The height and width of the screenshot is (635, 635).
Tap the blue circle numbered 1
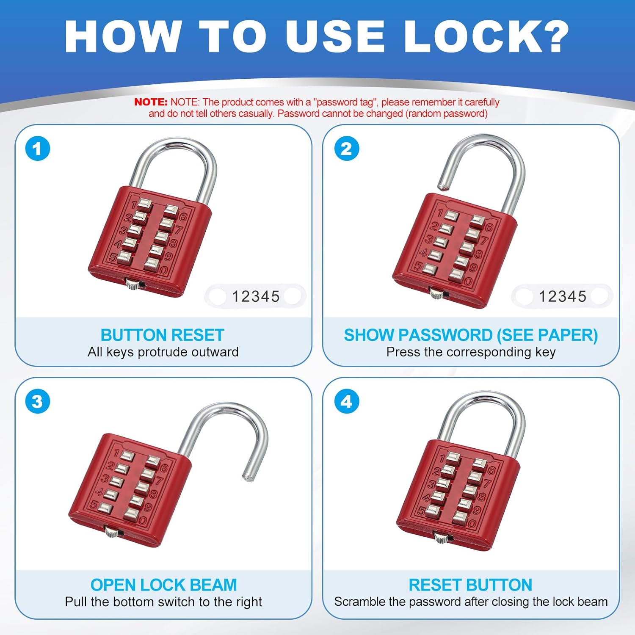[38, 149]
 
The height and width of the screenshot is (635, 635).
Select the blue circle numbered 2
[346, 149]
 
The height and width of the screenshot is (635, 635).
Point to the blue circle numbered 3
[38, 402]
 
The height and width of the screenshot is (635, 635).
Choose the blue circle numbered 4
[346, 402]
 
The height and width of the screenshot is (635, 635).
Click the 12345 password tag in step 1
[256, 296]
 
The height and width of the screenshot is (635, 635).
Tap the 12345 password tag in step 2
[562, 296]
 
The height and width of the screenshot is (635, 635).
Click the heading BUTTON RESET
[162, 335]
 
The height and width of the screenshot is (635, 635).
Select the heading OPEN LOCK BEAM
[163, 585]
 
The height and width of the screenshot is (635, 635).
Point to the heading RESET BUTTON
[470, 585]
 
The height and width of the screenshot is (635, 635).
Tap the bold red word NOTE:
[151, 102]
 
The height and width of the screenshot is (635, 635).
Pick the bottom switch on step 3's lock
[112, 531]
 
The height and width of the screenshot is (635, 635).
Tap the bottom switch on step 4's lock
[441, 538]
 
